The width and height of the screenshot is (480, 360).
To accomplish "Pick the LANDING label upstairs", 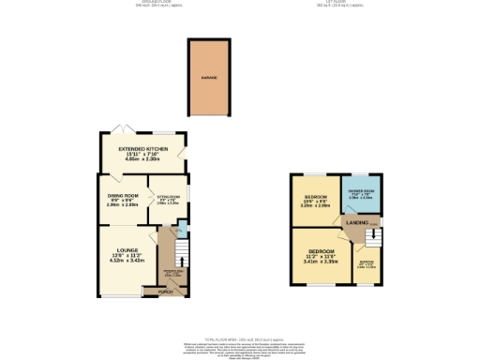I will [357, 222].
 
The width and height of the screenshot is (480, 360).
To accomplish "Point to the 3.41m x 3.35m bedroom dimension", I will [321, 261].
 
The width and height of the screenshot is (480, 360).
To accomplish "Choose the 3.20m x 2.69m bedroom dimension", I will [314, 204].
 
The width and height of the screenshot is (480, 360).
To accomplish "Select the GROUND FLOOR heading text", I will [153, 3].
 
